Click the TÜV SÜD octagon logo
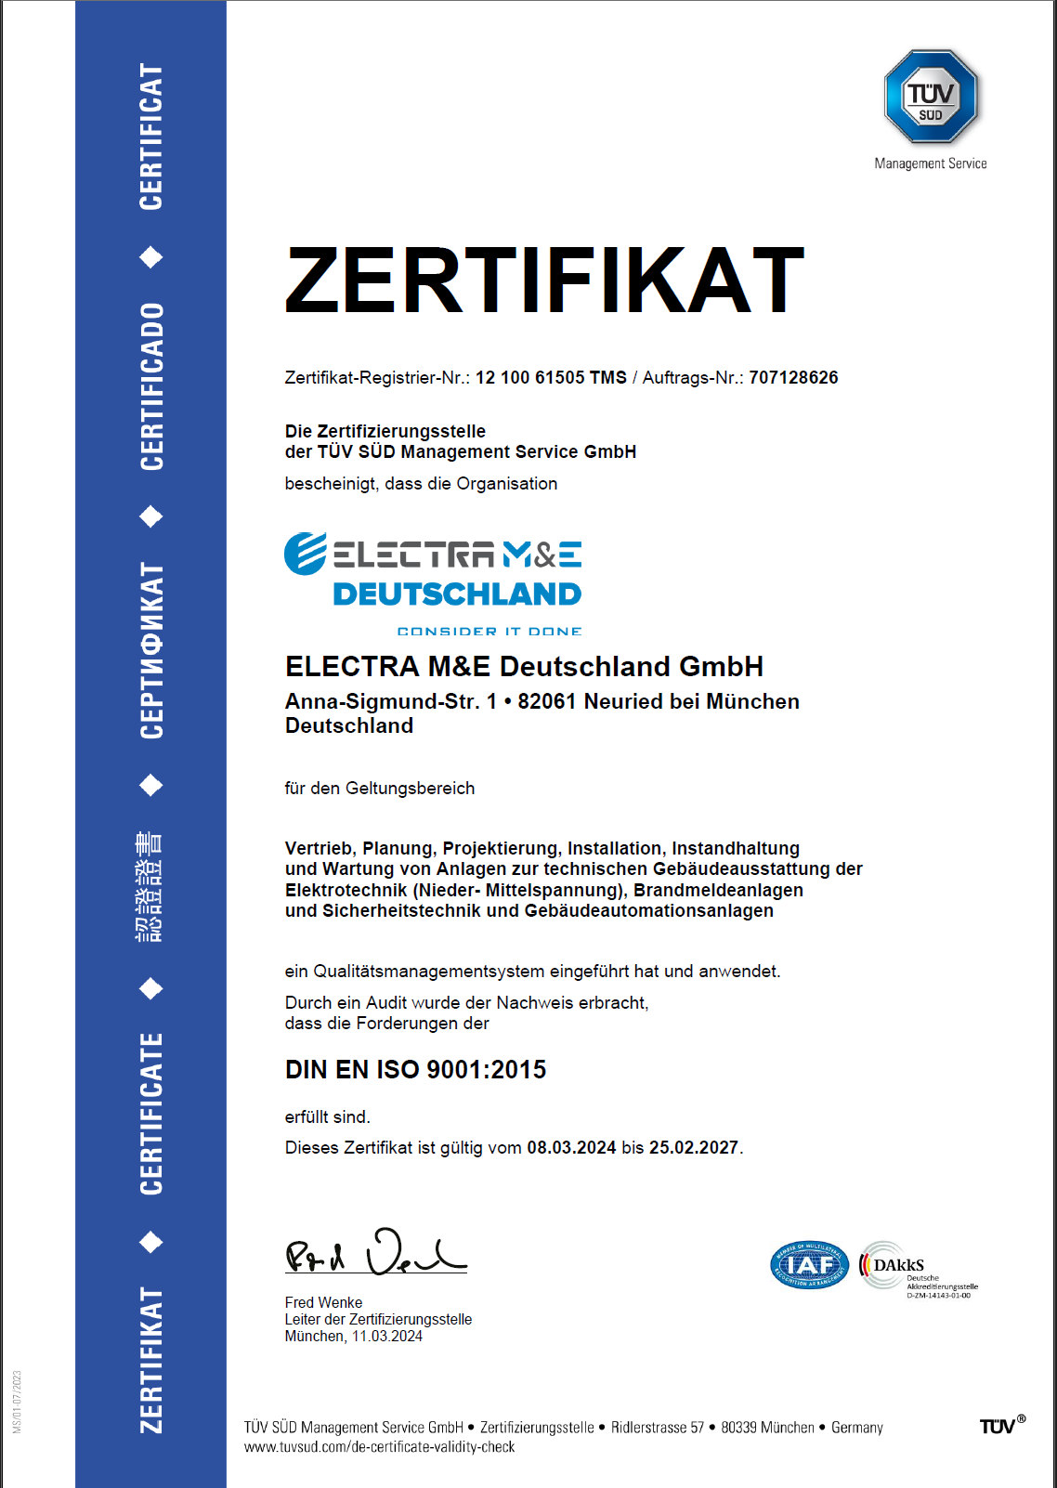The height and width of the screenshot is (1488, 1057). tap(931, 97)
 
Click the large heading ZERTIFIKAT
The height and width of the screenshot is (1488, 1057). tap(544, 280)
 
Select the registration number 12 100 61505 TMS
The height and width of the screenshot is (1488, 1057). tap(551, 378)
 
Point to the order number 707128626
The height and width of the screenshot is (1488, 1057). tap(793, 378)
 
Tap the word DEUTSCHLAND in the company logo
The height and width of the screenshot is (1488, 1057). tap(457, 594)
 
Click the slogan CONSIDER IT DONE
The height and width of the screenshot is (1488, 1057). tap(489, 632)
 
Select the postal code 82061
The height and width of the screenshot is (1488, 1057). tap(547, 702)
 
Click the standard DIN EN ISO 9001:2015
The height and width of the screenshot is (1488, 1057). tap(415, 1070)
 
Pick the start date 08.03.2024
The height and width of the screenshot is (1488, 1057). tap(571, 1148)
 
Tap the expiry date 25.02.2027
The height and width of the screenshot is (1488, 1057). tap(693, 1148)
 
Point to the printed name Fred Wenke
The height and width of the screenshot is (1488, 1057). tap(323, 1302)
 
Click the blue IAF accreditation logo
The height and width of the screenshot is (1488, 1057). tap(809, 1265)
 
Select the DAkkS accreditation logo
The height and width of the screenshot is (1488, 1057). tap(917, 1267)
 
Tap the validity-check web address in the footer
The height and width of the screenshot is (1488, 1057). tap(379, 1447)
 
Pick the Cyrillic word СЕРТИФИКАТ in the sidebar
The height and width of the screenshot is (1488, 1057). tap(150, 650)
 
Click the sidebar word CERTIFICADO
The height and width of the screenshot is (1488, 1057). tap(150, 386)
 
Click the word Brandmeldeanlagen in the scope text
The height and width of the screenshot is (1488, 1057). tap(718, 890)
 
